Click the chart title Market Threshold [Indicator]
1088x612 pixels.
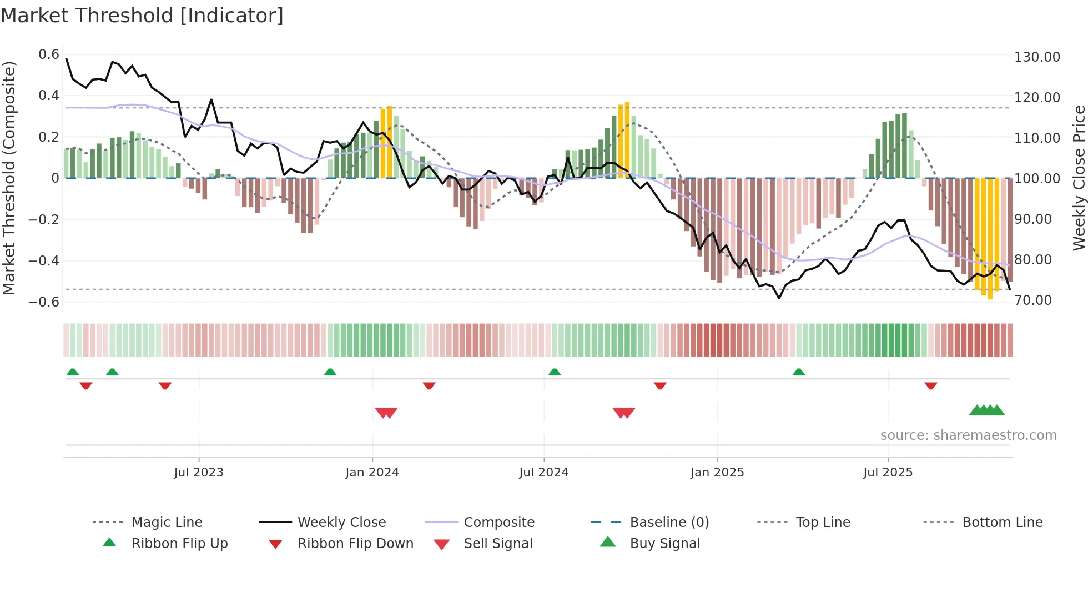coord(142,16)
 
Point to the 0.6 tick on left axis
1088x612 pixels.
coord(49,54)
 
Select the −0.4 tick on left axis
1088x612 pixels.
coord(44,260)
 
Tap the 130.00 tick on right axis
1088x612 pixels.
coord(1037,57)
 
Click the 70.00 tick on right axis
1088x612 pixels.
coord(1033,300)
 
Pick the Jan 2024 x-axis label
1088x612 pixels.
coord(372,473)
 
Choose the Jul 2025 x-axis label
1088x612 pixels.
coord(888,473)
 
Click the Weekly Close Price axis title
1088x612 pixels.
coord(1079,178)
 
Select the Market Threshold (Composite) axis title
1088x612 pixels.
coord(9,178)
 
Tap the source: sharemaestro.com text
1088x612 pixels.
coord(968,435)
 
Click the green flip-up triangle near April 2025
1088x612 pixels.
coord(798,372)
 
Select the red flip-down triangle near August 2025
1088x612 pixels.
coord(930,385)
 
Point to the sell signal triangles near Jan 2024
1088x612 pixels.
coord(386,413)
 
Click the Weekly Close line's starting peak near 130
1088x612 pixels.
coord(67,58)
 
